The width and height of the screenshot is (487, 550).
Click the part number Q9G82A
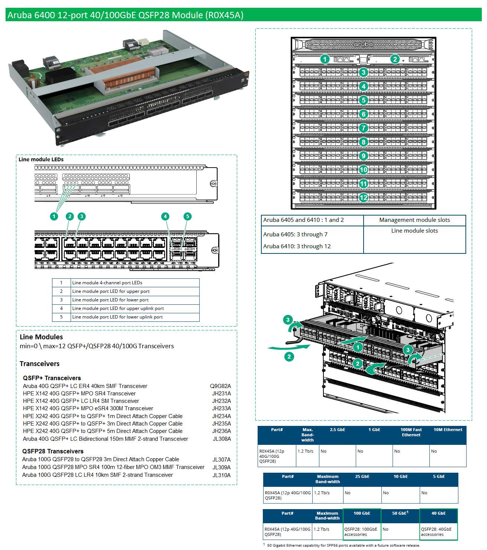tap(220, 386)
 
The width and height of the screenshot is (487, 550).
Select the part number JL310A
tap(221, 475)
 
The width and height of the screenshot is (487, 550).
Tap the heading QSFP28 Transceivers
tap(53, 451)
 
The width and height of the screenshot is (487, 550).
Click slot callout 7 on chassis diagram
tap(364, 128)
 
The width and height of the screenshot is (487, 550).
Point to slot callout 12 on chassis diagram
tap(364, 197)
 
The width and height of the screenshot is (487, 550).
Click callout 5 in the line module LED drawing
tap(188, 216)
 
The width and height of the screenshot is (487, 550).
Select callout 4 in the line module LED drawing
tap(165, 216)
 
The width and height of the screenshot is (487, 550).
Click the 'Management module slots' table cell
tap(414, 220)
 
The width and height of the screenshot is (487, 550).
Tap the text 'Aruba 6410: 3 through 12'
tap(297, 246)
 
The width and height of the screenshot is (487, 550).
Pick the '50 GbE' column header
tap(400, 513)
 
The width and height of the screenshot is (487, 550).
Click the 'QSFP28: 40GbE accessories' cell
tap(438, 532)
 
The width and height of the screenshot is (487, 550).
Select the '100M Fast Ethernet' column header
tap(411, 432)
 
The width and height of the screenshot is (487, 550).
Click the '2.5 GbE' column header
tap(337, 430)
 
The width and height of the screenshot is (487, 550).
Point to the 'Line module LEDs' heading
tap(41, 159)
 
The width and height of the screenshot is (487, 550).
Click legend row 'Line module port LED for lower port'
tap(110, 300)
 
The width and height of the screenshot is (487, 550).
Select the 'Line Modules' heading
tap(41, 337)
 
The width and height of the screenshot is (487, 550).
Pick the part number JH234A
tap(221, 416)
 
